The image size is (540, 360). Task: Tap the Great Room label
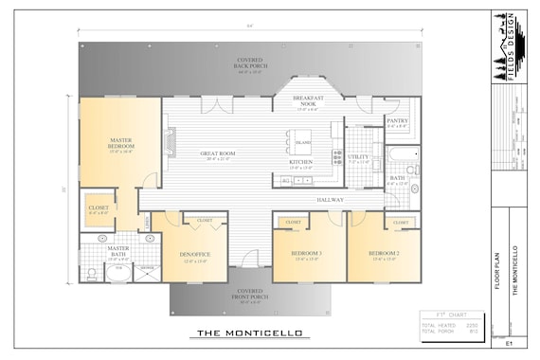point(217,153)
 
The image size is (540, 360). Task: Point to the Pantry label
point(397,121)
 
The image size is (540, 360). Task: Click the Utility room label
point(358,157)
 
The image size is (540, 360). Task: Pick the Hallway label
point(330,200)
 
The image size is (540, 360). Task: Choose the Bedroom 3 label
point(307,254)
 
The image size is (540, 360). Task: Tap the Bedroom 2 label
point(384,254)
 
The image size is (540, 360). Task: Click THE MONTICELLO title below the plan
point(249,333)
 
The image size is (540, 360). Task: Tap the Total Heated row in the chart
point(449,325)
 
